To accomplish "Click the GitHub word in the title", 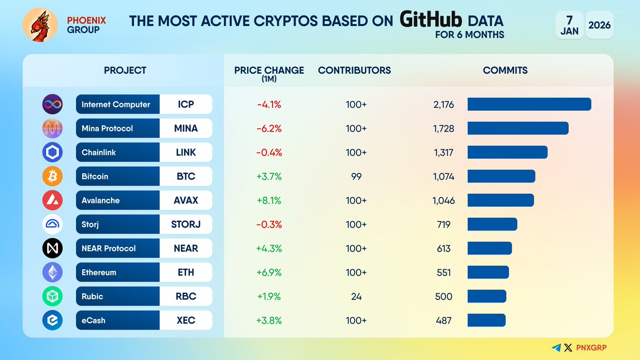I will (x=431, y=20).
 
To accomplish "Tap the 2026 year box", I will (x=599, y=25).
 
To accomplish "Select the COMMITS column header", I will (x=505, y=70).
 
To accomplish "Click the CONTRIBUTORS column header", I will (x=354, y=70).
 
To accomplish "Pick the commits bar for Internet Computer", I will (x=529, y=105).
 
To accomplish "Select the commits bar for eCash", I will (x=486, y=321).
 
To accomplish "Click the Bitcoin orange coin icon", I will (x=52, y=177).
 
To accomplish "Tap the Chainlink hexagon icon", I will (x=52, y=153).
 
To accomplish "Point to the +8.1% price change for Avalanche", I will (x=269, y=201).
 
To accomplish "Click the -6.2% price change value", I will (x=269, y=129).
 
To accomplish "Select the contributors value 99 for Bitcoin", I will (x=356, y=177).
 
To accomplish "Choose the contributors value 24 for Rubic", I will (x=356, y=297).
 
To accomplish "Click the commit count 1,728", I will (x=444, y=129).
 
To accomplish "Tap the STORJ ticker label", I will (x=186, y=225).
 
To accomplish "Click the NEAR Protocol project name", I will (x=109, y=249).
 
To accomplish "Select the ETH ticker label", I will (x=186, y=273).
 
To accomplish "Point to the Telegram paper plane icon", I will (x=556, y=348).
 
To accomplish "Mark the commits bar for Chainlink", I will (x=507, y=153).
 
